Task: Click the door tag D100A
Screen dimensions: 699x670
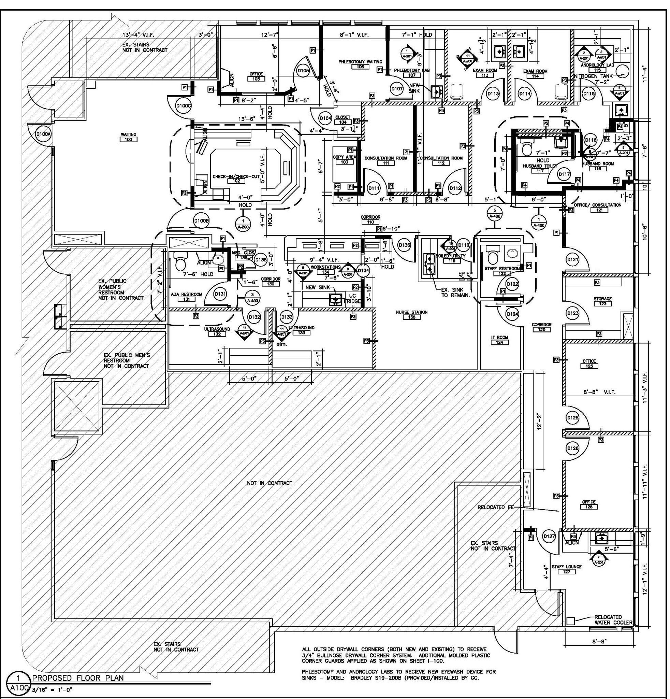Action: [x=44, y=134]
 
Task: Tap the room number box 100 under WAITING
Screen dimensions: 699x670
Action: [x=128, y=140]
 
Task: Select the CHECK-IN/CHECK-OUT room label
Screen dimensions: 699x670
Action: [x=236, y=176]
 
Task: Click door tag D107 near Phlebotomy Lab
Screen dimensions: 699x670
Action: [x=397, y=89]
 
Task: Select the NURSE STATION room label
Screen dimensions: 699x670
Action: [x=412, y=312]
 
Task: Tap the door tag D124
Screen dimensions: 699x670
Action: [x=512, y=314]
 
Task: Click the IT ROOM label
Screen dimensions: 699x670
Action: [x=499, y=337]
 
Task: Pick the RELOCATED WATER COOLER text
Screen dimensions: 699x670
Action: [x=613, y=619]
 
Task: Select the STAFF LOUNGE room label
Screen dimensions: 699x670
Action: [x=566, y=566]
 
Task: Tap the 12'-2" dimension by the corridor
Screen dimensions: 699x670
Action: [x=540, y=422]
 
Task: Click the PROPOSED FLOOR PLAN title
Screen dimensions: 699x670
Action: [x=78, y=677]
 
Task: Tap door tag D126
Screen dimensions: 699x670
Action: [x=573, y=448]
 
